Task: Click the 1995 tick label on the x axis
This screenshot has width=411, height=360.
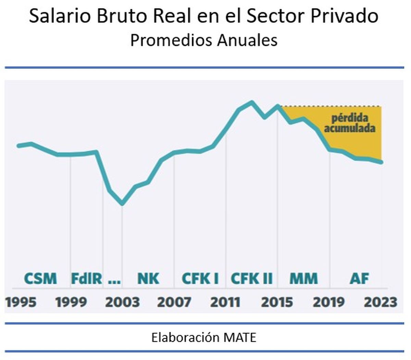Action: click(21, 303)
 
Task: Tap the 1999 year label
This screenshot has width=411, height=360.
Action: click(71, 303)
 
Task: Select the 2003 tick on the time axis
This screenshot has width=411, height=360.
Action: click(122, 303)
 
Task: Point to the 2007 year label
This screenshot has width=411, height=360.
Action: click(174, 303)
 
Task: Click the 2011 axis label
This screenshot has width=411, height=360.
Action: click(225, 303)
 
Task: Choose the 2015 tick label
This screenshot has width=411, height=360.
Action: click(277, 303)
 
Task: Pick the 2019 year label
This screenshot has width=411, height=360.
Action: click(329, 303)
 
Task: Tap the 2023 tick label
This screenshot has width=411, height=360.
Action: click(381, 303)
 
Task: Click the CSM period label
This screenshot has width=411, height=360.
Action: click(41, 279)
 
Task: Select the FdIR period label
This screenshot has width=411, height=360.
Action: click(86, 279)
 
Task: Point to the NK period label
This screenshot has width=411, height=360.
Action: click(148, 279)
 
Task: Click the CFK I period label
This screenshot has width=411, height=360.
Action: click(200, 279)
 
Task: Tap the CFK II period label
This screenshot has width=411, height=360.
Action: click(252, 279)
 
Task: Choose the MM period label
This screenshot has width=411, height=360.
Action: click(303, 279)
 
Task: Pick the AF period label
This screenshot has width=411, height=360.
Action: click(359, 279)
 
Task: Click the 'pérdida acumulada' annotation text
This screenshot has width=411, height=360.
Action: click(350, 123)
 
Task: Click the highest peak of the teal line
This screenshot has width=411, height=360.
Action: click(252, 102)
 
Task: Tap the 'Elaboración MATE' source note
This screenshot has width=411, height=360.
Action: click(204, 338)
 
